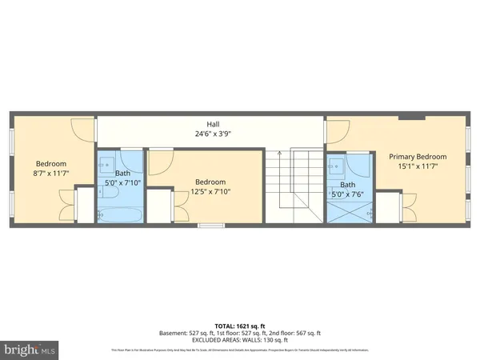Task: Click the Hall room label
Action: (213, 124)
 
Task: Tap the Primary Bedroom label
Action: (418, 157)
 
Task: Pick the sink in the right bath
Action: (336, 168)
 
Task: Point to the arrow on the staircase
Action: (278, 154)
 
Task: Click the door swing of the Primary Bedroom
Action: (338, 129)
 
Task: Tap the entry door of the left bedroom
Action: (82, 128)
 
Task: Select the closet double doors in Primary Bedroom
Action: (408, 209)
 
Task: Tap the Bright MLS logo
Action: (30, 350)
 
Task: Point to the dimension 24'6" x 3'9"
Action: (213, 134)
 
